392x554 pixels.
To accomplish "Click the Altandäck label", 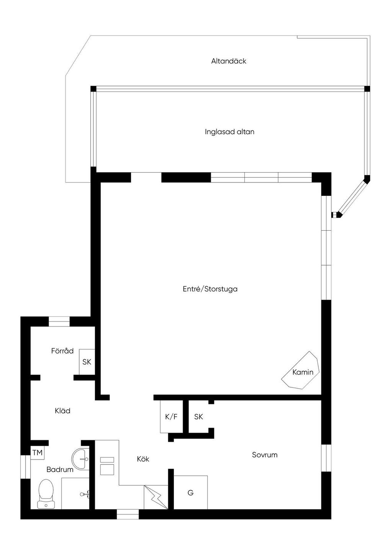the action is pyautogui.click(x=229, y=61).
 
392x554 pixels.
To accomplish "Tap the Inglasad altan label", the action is pyautogui.click(x=229, y=132).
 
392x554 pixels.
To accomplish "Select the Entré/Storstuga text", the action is pyautogui.click(x=210, y=289).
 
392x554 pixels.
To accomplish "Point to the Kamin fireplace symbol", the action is pyautogui.click(x=301, y=370).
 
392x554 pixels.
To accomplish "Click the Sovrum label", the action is pyautogui.click(x=265, y=455).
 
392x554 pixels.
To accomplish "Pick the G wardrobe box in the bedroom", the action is pyautogui.click(x=190, y=493).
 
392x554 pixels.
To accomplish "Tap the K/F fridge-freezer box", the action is pyautogui.click(x=171, y=417).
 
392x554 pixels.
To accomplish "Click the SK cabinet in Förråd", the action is pyautogui.click(x=87, y=362).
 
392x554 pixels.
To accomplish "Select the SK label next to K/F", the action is pyautogui.click(x=198, y=417).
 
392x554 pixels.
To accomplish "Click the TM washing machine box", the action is pyautogui.click(x=38, y=453).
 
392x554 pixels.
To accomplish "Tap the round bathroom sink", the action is pyautogui.click(x=80, y=459).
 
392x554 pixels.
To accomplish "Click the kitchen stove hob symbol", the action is pyautogui.click(x=107, y=466).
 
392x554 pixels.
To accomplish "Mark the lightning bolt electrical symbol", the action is pyautogui.click(x=156, y=497).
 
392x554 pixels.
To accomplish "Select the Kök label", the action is pyautogui.click(x=143, y=459).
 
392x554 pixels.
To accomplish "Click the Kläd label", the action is pyautogui.click(x=62, y=411).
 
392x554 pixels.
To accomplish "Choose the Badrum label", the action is pyautogui.click(x=60, y=469).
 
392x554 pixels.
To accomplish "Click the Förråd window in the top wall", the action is pyautogui.click(x=59, y=321).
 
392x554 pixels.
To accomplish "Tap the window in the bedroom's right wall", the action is pyautogui.click(x=326, y=458).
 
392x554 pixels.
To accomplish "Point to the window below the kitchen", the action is pyautogui.click(x=128, y=514).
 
